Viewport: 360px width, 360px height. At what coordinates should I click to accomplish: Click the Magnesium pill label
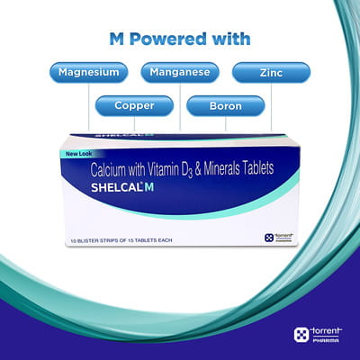point(89,72)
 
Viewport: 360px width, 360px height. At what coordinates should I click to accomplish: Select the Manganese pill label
point(180,72)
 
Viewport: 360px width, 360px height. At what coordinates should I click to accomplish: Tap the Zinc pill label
point(271,72)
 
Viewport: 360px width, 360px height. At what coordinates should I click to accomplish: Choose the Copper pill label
point(135,106)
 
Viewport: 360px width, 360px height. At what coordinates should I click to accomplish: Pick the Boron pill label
point(225,106)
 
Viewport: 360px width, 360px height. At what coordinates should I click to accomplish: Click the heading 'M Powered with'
point(179,39)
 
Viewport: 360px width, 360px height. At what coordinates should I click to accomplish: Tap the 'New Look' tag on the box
point(77,153)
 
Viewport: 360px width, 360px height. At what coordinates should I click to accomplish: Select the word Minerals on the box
point(228,169)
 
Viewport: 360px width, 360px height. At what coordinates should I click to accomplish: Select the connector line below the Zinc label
point(271,108)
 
